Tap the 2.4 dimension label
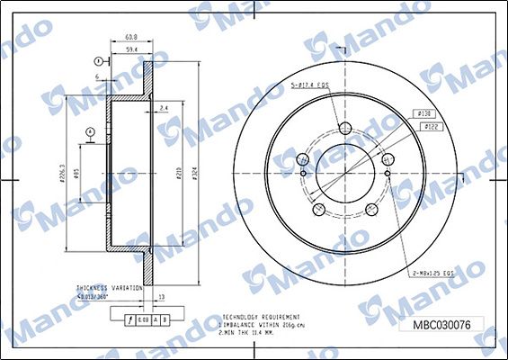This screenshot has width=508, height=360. (x=162, y=108)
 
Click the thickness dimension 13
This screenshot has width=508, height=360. (x=161, y=295)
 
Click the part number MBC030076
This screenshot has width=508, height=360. (x=441, y=325)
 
